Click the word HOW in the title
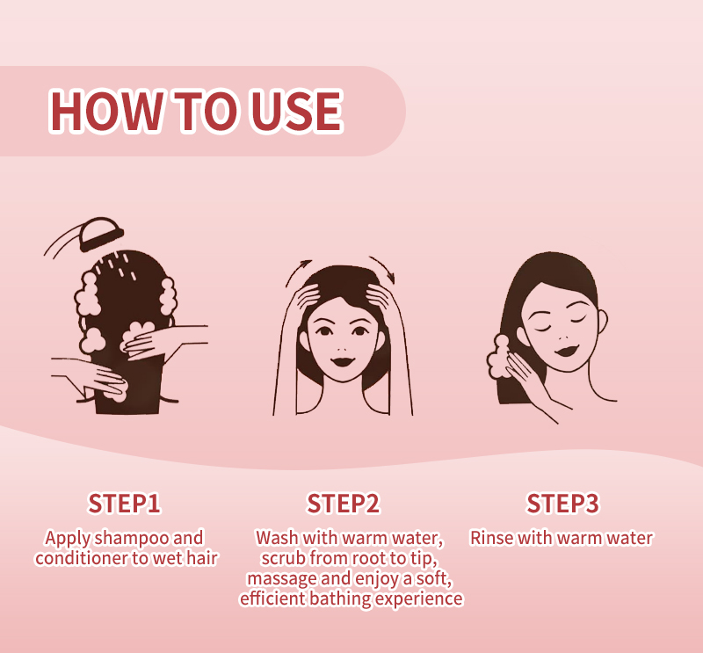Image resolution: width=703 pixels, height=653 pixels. click(105, 111)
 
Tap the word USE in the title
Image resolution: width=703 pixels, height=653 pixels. click(296, 111)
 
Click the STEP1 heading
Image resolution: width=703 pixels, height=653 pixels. click(124, 504)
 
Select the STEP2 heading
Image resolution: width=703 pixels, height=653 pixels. click(343, 504)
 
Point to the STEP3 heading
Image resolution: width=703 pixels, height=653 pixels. click(562, 504)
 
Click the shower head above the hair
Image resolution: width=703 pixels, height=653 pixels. click(100, 234)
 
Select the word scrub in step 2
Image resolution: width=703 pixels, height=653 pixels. click(283, 558)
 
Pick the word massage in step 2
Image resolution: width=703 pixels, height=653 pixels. click(282, 579)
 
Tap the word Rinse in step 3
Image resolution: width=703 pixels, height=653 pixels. click(491, 538)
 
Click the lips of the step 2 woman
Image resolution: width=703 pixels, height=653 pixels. click(343, 361)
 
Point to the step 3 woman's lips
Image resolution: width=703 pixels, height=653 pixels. click(567, 350)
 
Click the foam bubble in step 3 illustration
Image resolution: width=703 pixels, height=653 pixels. click(499, 358)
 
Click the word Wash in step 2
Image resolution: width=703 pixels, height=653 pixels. click(277, 538)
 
